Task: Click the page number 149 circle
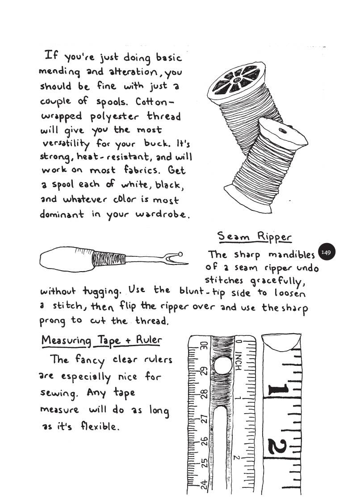click(326, 253)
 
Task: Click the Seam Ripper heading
click(254, 237)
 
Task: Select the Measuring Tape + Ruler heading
click(101, 340)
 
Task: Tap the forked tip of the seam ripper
click(176, 258)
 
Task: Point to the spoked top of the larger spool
click(236, 79)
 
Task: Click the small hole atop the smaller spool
click(282, 130)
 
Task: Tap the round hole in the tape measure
click(222, 366)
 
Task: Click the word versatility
click(66, 144)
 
